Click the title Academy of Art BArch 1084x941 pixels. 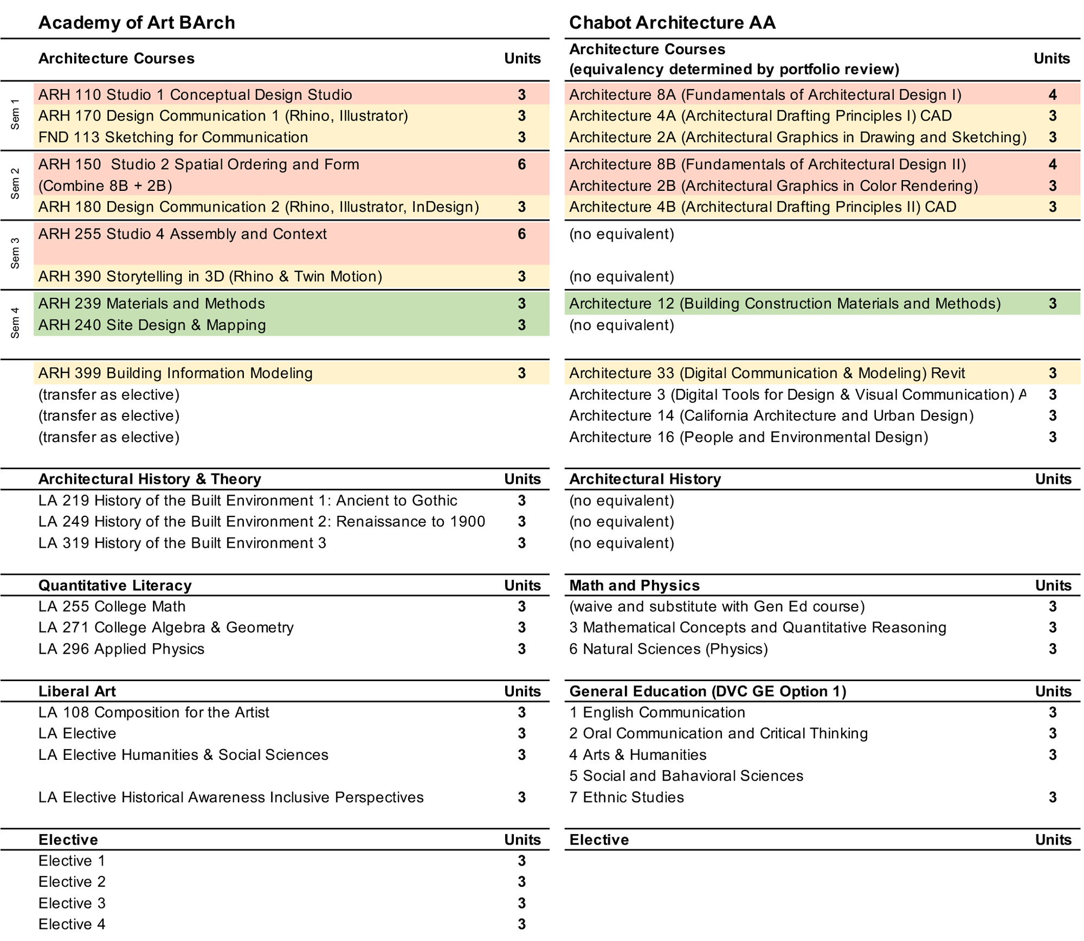[x=137, y=22]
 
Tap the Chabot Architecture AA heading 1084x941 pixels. [x=672, y=22]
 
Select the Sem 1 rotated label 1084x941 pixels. [x=15, y=114]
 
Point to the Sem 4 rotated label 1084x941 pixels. [x=15, y=323]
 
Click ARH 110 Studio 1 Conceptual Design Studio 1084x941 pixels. [x=195, y=95]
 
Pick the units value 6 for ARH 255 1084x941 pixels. [x=521, y=234]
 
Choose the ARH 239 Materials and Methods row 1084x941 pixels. [x=152, y=304]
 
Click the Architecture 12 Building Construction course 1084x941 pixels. [x=785, y=304]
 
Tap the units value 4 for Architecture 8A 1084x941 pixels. [x=1052, y=95]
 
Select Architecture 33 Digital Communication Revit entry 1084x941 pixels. [x=767, y=373]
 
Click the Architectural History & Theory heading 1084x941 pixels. [x=150, y=479]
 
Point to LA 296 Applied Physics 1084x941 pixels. [x=121, y=649]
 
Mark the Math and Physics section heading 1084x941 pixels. [x=634, y=585]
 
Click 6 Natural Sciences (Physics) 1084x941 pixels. [x=668, y=649]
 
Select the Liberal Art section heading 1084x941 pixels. [x=77, y=691]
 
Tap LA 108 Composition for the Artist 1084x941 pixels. [x=153, y=712]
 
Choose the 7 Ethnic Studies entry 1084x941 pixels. [x=627, y=797]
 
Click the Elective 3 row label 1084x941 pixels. [x=72, y=903]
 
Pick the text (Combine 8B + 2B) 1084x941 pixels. [x=105, y=185]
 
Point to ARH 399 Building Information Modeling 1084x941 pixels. [x=176, y=373]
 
